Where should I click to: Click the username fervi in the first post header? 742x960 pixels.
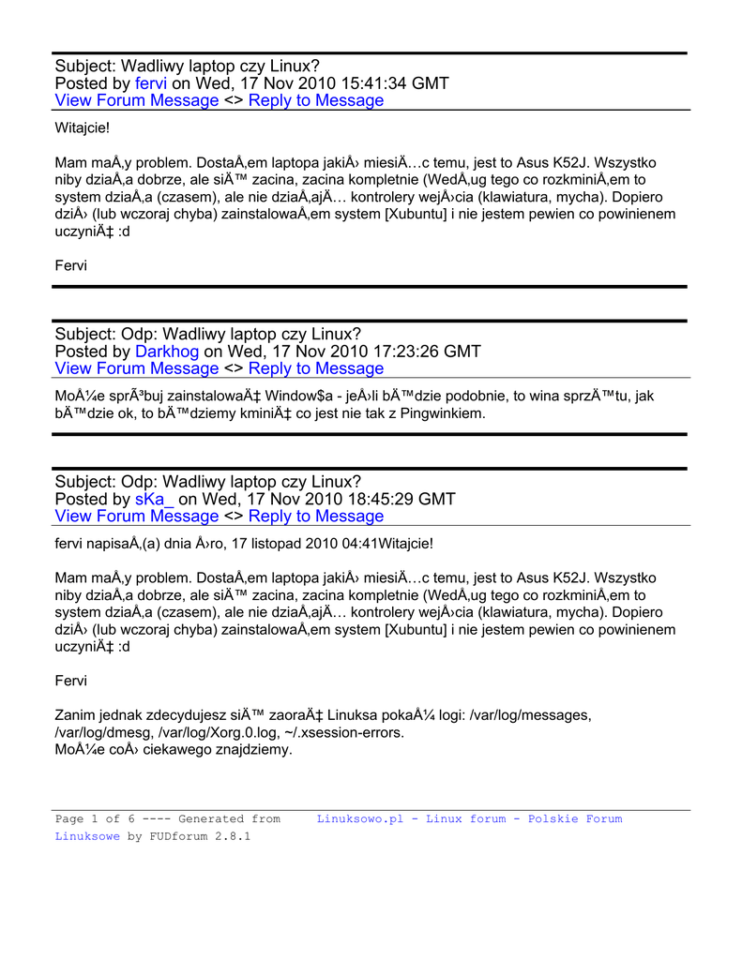[x=151, y=83]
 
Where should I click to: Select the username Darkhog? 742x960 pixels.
[x=167, y=352]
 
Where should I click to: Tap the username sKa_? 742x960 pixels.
[x=154, y=499]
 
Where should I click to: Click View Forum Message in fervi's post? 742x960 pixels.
[x=137, y=100]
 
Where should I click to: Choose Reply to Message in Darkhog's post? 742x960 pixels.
[x=316, y=368]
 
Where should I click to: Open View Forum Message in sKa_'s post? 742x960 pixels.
[x=137, y=516]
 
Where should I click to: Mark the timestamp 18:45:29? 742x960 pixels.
[x=368, y=499]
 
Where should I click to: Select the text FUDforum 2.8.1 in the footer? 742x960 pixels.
[x=200, y=836]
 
